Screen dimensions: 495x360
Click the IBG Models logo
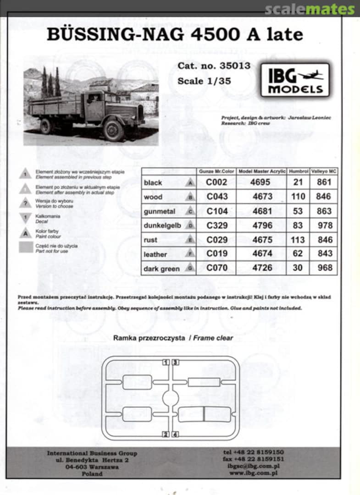(x=295, y=80)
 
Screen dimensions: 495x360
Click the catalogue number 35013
(x=233, y=66)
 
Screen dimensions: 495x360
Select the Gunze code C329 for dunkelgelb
(x=216, y=225)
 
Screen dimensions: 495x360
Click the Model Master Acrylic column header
(x=261, y=171)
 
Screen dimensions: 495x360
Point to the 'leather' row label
(x=155, y=254)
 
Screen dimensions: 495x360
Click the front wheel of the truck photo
(x=113, y=131)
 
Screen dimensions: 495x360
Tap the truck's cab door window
(x=94, y=98)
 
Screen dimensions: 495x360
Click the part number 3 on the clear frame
(x=175, y=362)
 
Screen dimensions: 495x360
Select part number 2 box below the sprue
(x=166, y=434)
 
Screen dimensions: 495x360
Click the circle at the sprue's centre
(x=171, y=399)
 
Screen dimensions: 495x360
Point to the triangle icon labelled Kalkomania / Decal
(x=25, y=218)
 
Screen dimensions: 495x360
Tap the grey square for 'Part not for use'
(x=25, y=248)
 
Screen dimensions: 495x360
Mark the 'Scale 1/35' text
(x=204, y=81)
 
